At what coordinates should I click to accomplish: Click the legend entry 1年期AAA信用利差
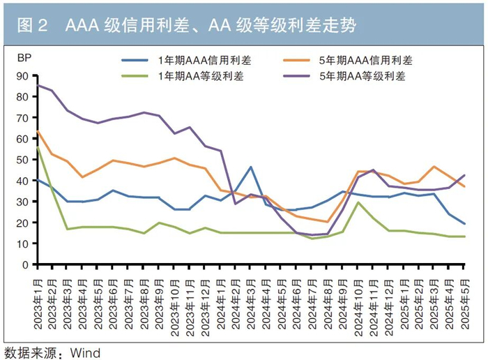186,60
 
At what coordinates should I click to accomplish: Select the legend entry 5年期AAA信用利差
348,60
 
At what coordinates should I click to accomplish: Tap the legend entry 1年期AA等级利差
183,76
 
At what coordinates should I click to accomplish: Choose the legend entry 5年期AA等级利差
344,76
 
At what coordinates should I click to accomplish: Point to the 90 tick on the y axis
22,76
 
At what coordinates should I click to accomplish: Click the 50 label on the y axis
22,160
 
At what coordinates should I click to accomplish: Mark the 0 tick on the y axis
26,264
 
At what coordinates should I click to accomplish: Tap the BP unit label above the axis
24,58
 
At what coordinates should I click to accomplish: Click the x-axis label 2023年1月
38,304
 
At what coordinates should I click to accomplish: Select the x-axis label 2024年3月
252,304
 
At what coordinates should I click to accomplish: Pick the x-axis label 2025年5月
465,304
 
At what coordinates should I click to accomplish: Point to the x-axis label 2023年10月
175,308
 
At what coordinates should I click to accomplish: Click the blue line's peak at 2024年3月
251,167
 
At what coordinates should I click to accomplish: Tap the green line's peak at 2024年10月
358,202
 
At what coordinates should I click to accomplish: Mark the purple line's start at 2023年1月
38,85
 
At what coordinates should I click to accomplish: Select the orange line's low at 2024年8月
328,222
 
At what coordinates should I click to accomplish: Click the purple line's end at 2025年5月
464,175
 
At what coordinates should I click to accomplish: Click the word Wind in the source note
85,353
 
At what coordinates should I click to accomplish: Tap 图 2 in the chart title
32,25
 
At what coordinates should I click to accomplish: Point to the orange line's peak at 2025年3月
434,167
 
